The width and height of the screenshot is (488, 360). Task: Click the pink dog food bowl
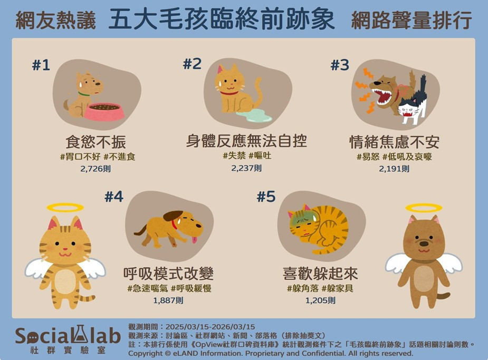coord(104,112)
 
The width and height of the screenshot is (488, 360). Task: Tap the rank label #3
coord(340,65)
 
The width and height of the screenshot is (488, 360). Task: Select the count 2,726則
coord(95,169)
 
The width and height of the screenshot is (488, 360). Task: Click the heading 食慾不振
coord(95,142)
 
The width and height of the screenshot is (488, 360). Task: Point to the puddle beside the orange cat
coord(254,115)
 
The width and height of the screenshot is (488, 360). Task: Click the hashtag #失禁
coord(234,155)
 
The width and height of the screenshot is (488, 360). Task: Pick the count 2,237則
coord(246,168)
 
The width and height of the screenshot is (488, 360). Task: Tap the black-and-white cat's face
coord(408,109)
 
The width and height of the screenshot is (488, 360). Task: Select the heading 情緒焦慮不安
coord(394,142)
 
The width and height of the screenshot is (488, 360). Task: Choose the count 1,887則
coord(168,300)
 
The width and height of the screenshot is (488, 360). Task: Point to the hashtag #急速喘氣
coord(148,288)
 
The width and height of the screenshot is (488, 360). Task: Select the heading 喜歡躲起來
coord(320,274)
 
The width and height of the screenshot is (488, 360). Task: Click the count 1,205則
coord(320,300)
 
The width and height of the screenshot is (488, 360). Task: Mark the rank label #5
coord(266,197)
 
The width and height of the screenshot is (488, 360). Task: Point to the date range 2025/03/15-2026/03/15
coord(210,327)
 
